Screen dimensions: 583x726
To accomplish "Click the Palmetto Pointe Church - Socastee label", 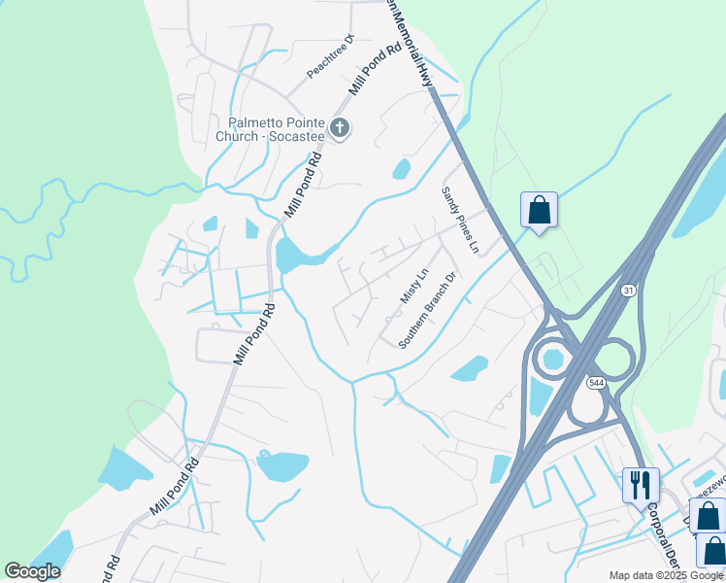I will pos(277,129).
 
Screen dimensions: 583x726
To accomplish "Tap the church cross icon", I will pos(339,127).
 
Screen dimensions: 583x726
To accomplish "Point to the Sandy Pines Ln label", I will pos(460,221).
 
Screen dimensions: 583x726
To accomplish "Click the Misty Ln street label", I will pos(413,286).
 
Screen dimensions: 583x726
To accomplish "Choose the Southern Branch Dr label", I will pos(427,311).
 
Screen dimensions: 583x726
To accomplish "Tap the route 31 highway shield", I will pos(629,291).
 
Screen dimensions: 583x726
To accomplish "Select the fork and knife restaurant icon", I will pos(641,484).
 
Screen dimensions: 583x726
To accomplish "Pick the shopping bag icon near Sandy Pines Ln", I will pos(539,209).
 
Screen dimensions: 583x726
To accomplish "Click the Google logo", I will pos(32,571).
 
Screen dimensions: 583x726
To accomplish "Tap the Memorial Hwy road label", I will pos(419,44).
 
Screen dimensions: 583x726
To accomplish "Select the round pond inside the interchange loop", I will pos(552,360).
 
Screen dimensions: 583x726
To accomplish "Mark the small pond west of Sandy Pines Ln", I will pos(401,169).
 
